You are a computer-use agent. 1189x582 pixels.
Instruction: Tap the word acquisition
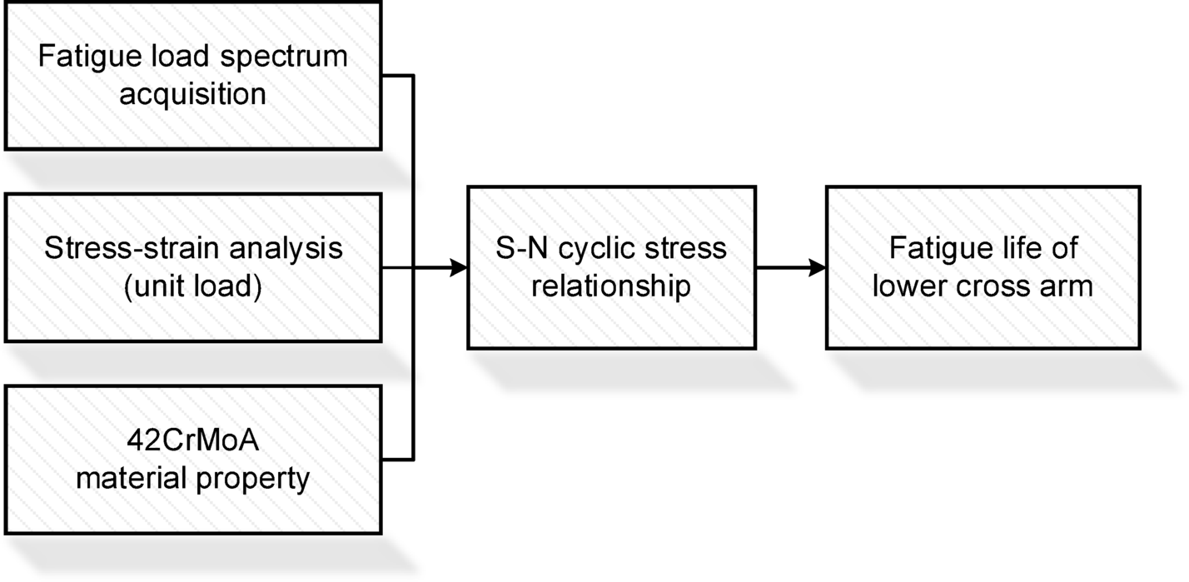192,93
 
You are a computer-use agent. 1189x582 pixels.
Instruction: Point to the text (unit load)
192,286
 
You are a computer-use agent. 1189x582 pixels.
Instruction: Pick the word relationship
611,286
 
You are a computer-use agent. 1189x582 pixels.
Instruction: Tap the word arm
1070,286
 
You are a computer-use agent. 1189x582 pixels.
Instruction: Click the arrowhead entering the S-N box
458,268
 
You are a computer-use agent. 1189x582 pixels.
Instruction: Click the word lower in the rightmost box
920,286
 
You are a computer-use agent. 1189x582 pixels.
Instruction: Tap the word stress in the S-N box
679,248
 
